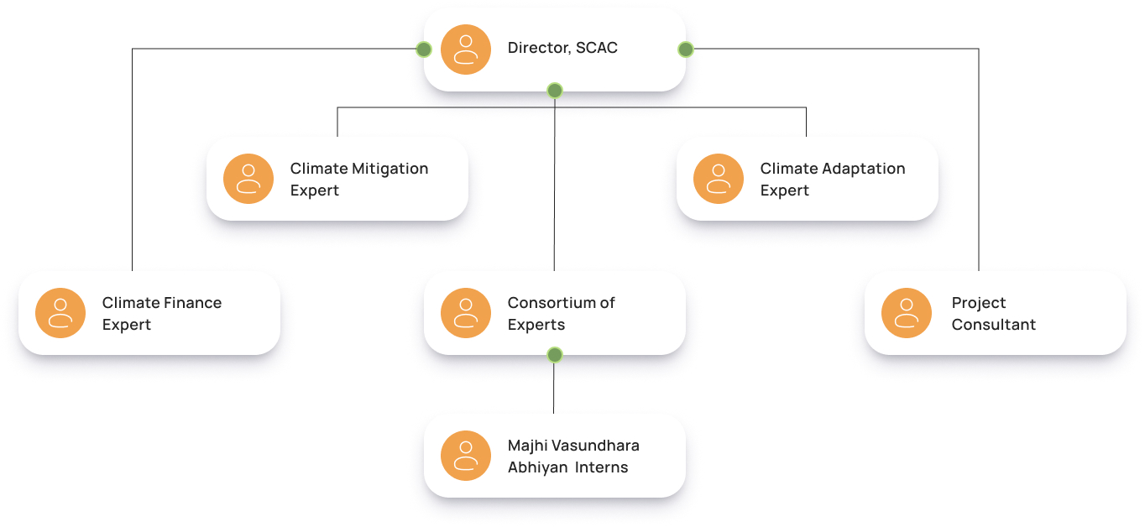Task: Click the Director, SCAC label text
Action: (562, 48)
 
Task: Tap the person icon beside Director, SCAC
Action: (466, 50)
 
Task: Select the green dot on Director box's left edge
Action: (424, 50)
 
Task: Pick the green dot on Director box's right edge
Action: (686, 50)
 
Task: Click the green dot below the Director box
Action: (554, 91)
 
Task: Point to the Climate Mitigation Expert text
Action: (358, 179)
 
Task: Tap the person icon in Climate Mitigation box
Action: (248, 179)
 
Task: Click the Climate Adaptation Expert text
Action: (832, 179)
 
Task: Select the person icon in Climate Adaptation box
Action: (719, 179)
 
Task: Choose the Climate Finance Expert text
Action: (161, 313)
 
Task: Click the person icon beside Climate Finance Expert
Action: (60, 313)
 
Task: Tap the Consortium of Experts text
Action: (561, 313)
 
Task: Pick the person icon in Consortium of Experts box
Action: (466, 313)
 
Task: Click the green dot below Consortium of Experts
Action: (554, 355)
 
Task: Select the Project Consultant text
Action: (993, 313)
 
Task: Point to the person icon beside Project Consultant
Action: (907, 313)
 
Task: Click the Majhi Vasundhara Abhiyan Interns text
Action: (572, 456)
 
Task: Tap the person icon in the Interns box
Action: (466, 456)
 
